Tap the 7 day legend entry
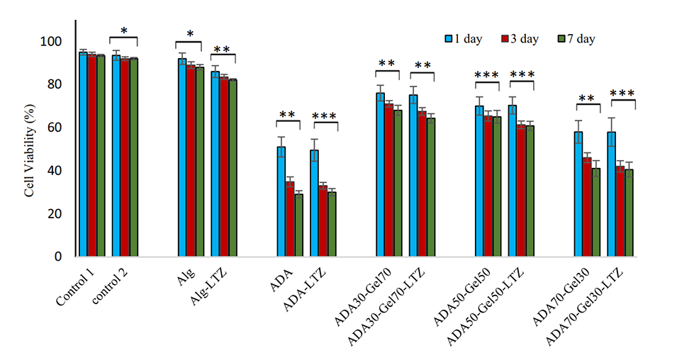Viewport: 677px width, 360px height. (x=577, y=39)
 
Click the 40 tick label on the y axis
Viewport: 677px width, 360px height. (x=54, y=171)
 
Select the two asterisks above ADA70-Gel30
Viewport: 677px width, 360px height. (x=587, y=99)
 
